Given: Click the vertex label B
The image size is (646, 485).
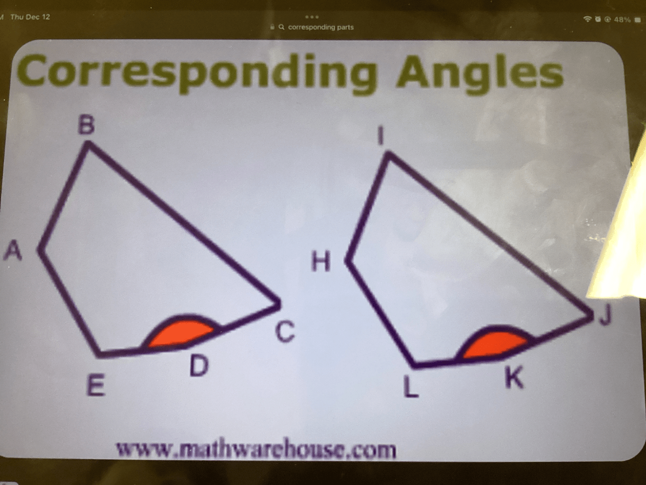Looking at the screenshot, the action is (87, 125).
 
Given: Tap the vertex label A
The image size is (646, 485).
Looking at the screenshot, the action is (13, 250).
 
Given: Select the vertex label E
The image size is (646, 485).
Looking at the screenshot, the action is (96, 386).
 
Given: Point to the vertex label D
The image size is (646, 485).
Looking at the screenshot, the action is (199, 366).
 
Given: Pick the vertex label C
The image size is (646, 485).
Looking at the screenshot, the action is (285, 332).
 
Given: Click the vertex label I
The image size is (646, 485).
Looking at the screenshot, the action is (382, 136).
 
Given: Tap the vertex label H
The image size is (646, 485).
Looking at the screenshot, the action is (321, 262).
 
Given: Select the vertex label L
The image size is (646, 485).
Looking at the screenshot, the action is (411, 388).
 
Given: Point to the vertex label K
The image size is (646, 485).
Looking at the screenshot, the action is (514, 378).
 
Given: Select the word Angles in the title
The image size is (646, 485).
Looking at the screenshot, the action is (479, 72).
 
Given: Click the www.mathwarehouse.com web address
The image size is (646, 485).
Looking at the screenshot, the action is (256, 450).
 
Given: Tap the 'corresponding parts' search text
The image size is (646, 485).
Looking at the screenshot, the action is (321, 27).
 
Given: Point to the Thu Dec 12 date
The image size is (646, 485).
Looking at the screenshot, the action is (30, 17).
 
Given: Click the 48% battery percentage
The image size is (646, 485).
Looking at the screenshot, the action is (622, 20).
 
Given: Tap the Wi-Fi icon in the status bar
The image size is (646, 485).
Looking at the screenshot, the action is (587, 19).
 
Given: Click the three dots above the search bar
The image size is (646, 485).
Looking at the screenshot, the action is (312, 17).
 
